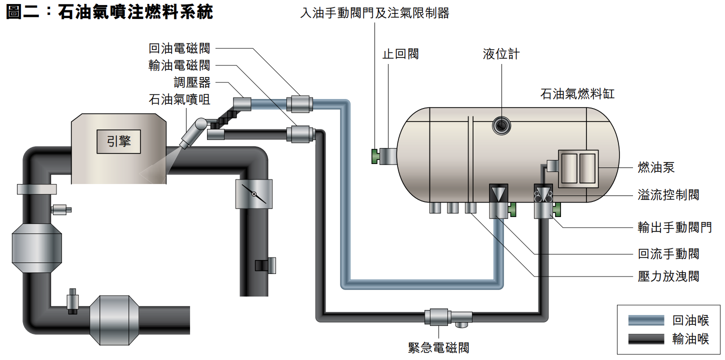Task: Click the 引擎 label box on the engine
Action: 119,141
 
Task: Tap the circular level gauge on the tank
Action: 501,125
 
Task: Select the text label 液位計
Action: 501,54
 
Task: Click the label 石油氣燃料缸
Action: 577,94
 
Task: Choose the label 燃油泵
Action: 656,167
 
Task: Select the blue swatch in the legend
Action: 646,320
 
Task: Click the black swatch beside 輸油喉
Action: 646,338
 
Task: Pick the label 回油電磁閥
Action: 179,48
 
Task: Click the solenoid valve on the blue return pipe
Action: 299,104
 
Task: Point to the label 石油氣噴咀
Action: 179,99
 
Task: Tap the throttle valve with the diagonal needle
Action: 254,194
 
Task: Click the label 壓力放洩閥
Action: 668,276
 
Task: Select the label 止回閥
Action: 400,54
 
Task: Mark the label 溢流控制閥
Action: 668,195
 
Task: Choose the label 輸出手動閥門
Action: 674,227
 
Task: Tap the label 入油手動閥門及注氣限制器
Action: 374,13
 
